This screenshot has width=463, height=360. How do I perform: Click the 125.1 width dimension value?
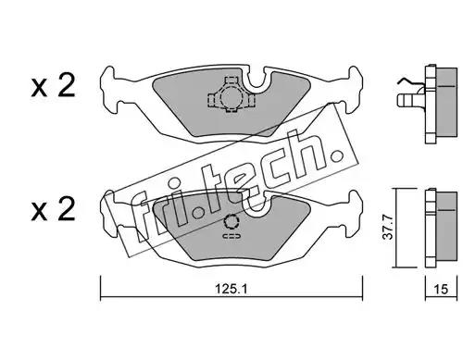coord(231,289)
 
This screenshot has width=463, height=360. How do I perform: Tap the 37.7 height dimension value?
coord(388,228)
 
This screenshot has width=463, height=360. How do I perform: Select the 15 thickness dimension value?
coord(441,289)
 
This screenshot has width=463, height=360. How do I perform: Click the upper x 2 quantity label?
coord(53,86)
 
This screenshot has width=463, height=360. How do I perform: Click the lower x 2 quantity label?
coord(53,209)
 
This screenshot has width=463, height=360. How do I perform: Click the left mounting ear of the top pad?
coord(108,90)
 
